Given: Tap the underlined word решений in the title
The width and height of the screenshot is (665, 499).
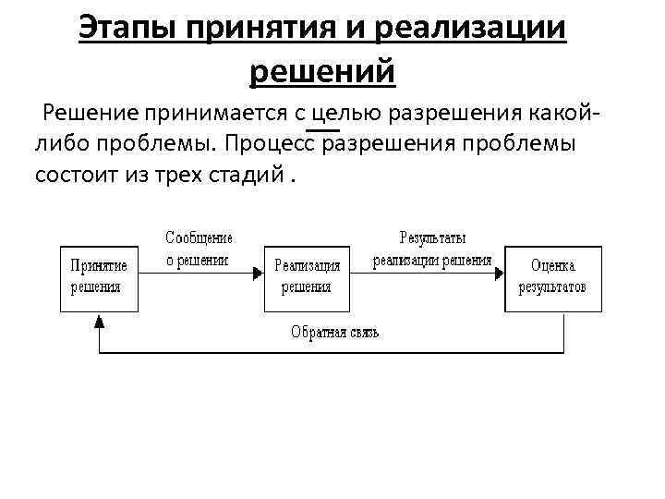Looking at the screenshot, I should pyautogui.click(x=322, y=71).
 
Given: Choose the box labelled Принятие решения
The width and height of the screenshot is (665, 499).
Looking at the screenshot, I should pyautogui.click(x=100, y=274).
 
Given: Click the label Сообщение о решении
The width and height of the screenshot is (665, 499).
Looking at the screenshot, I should pyautogui.click(x=199, y=249).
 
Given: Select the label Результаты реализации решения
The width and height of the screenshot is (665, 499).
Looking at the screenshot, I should pyautogui.click(x=432, y=249).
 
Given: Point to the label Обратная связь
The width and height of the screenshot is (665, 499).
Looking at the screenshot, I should pyautogui.click(x=334, y=333).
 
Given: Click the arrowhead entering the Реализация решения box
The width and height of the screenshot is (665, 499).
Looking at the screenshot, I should pyautogui.click(x=258, y=274).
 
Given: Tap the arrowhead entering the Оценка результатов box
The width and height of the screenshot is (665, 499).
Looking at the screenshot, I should pyautogui.click(x=500, y=274).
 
